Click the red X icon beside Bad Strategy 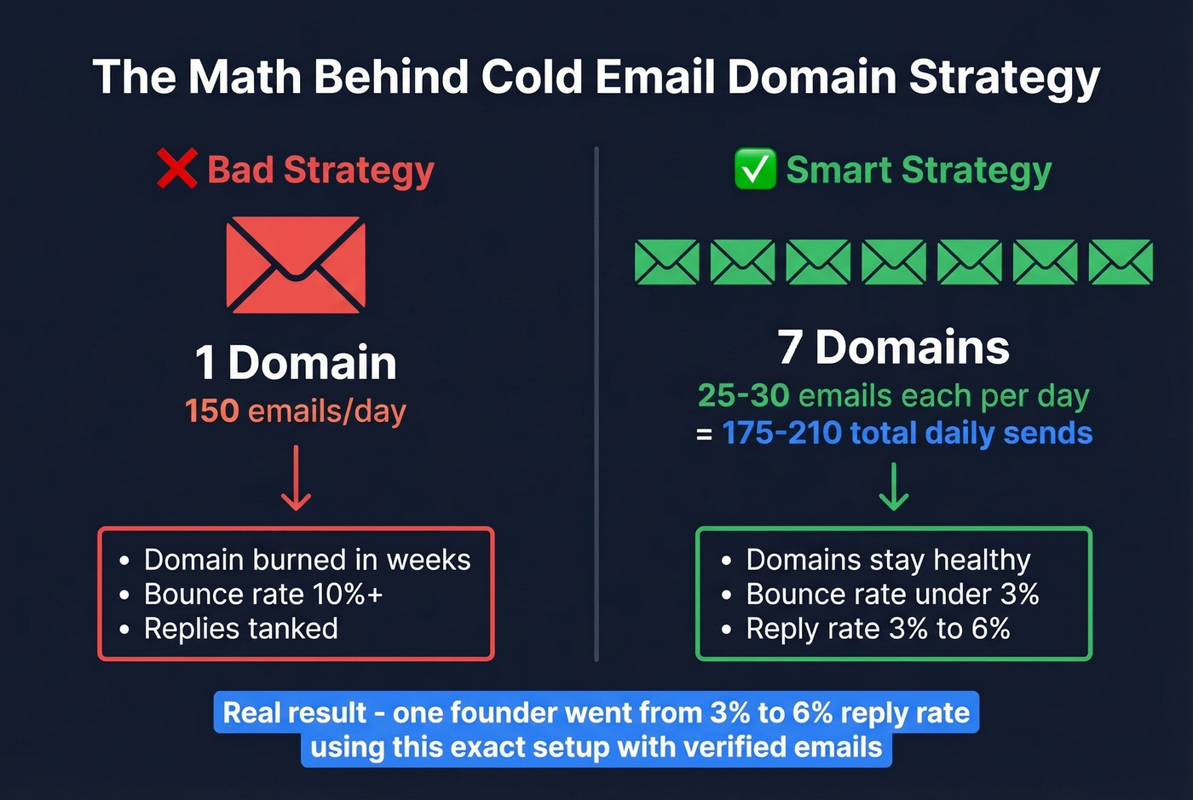point(177,169)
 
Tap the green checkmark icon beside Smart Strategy point(755,169)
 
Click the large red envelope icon point(296,264)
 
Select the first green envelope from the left point(667,262)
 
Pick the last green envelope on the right point(1121,262)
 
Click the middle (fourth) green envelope point(894,262)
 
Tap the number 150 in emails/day point(212,411)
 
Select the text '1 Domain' point(296,362)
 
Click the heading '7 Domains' point(893,348)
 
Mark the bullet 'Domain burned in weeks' point(307,560)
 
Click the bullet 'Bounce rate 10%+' point(263,594)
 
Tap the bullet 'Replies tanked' point(240,629)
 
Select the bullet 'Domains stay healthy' point(888,560)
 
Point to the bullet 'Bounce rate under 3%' point(892,594)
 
